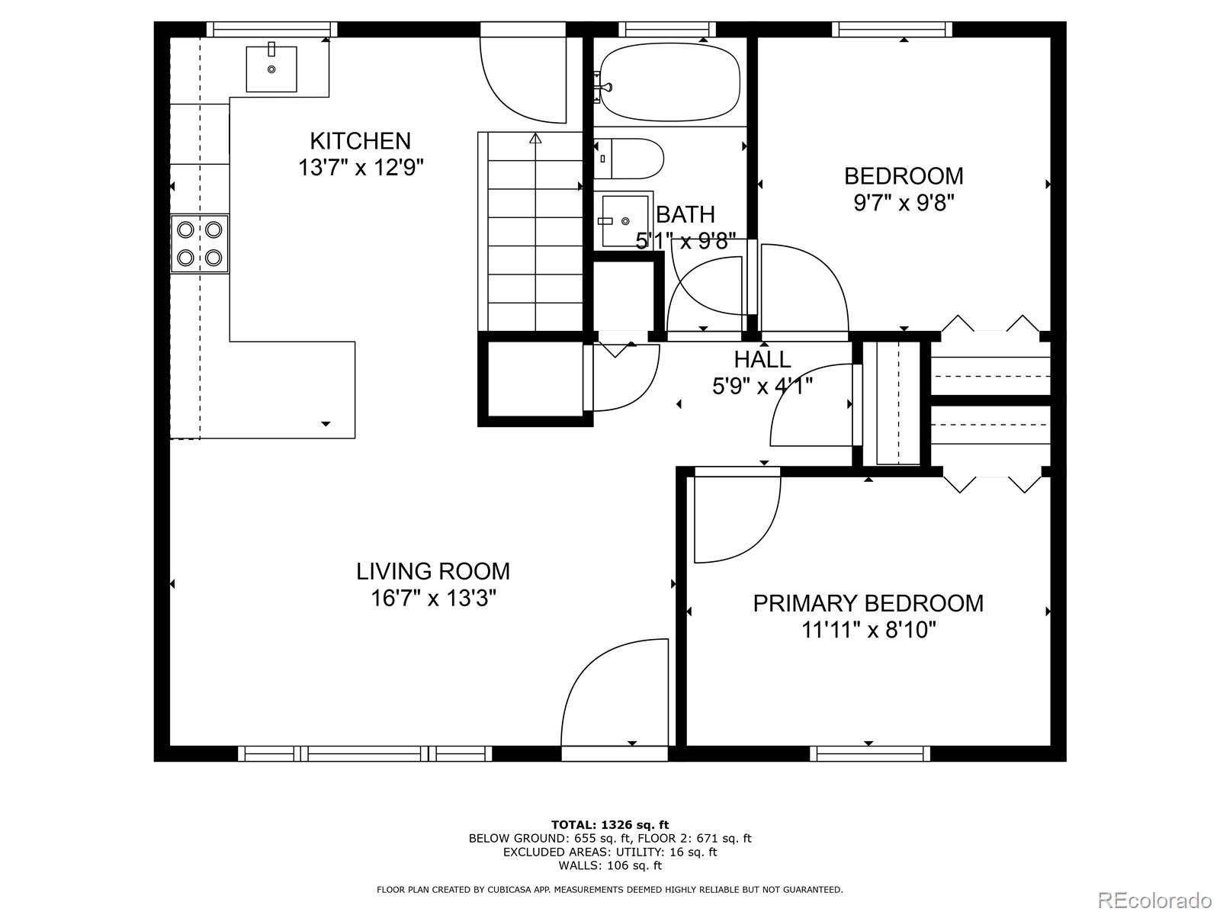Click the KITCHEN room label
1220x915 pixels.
(360, 141)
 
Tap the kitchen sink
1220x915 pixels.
(271, 69)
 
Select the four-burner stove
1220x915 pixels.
(200, 244)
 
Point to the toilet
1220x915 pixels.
(629, 159)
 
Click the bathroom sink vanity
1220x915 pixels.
(624, 220)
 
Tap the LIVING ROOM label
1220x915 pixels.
(433, 571)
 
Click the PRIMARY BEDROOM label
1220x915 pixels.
(868, 603)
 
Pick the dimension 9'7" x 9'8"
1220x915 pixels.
(904, 204)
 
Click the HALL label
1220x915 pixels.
(762, 359)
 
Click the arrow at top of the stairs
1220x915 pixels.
(535, 139)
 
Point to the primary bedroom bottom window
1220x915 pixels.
(869, 753)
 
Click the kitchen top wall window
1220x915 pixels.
(271, 30)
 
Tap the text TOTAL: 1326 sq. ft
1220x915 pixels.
(609, 824)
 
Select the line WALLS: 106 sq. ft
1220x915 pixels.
(609, 865)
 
